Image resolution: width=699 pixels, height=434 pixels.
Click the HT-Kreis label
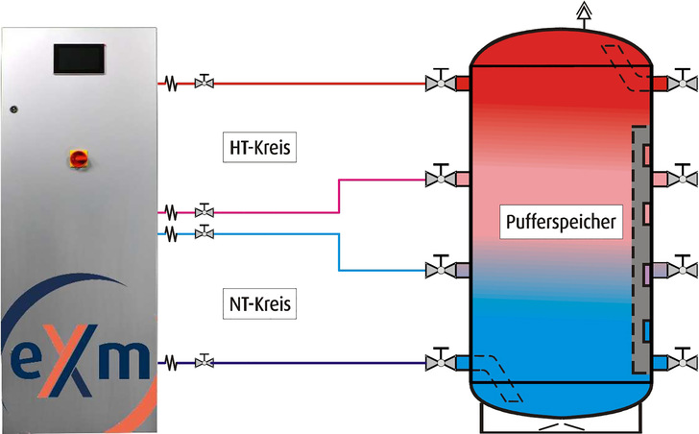(x=260, y=149)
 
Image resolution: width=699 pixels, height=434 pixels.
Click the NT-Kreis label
(x=260, y=304)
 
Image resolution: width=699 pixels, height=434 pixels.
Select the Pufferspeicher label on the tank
(x=563, y=223)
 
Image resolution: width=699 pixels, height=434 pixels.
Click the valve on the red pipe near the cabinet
(x=204, y=84)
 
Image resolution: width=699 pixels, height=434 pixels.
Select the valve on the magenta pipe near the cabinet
(x=204, y=210)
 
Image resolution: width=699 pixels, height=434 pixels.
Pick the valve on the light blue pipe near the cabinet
(x=204, y=232)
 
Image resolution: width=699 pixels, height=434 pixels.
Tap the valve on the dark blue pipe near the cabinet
(x=204, y=362)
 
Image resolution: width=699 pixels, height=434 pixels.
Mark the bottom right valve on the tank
(x=685, y=362)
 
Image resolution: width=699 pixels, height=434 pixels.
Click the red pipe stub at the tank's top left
(x=462, y=84)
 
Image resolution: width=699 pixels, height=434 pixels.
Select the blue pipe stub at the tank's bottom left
(x=462, y=363)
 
